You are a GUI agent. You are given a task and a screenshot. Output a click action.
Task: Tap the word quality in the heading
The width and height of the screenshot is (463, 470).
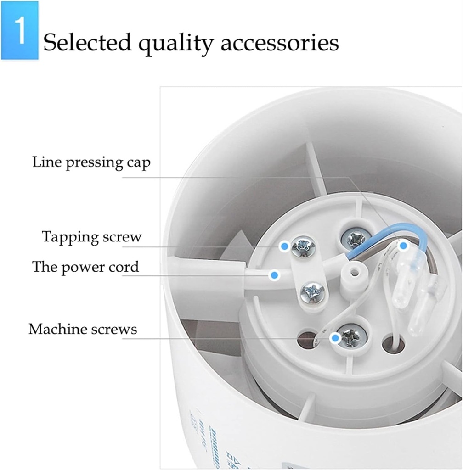[x=176, y=44]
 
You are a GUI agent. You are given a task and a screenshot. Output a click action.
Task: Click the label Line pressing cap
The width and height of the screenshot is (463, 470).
[x=91, y=162]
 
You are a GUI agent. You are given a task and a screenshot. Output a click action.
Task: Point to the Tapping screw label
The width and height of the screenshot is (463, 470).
[x=92, y=237]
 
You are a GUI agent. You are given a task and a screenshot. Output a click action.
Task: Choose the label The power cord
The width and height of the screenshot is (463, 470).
[x=85, y=267]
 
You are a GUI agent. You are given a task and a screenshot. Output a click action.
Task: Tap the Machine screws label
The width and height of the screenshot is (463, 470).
[x=83, y=329]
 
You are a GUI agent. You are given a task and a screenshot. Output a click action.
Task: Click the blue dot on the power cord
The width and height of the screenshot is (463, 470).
[x=274, y=275]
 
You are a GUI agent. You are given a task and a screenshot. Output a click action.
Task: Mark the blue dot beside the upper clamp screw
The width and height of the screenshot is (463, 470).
[x=285, y=246]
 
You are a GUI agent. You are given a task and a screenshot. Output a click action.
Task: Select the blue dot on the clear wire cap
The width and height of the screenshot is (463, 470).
[x=403, y=246]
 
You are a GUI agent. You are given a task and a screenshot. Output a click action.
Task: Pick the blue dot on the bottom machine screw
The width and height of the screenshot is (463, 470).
[x=335, y=339]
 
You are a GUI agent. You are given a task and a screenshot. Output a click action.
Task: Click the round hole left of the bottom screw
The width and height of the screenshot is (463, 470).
[x=307, y=339]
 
